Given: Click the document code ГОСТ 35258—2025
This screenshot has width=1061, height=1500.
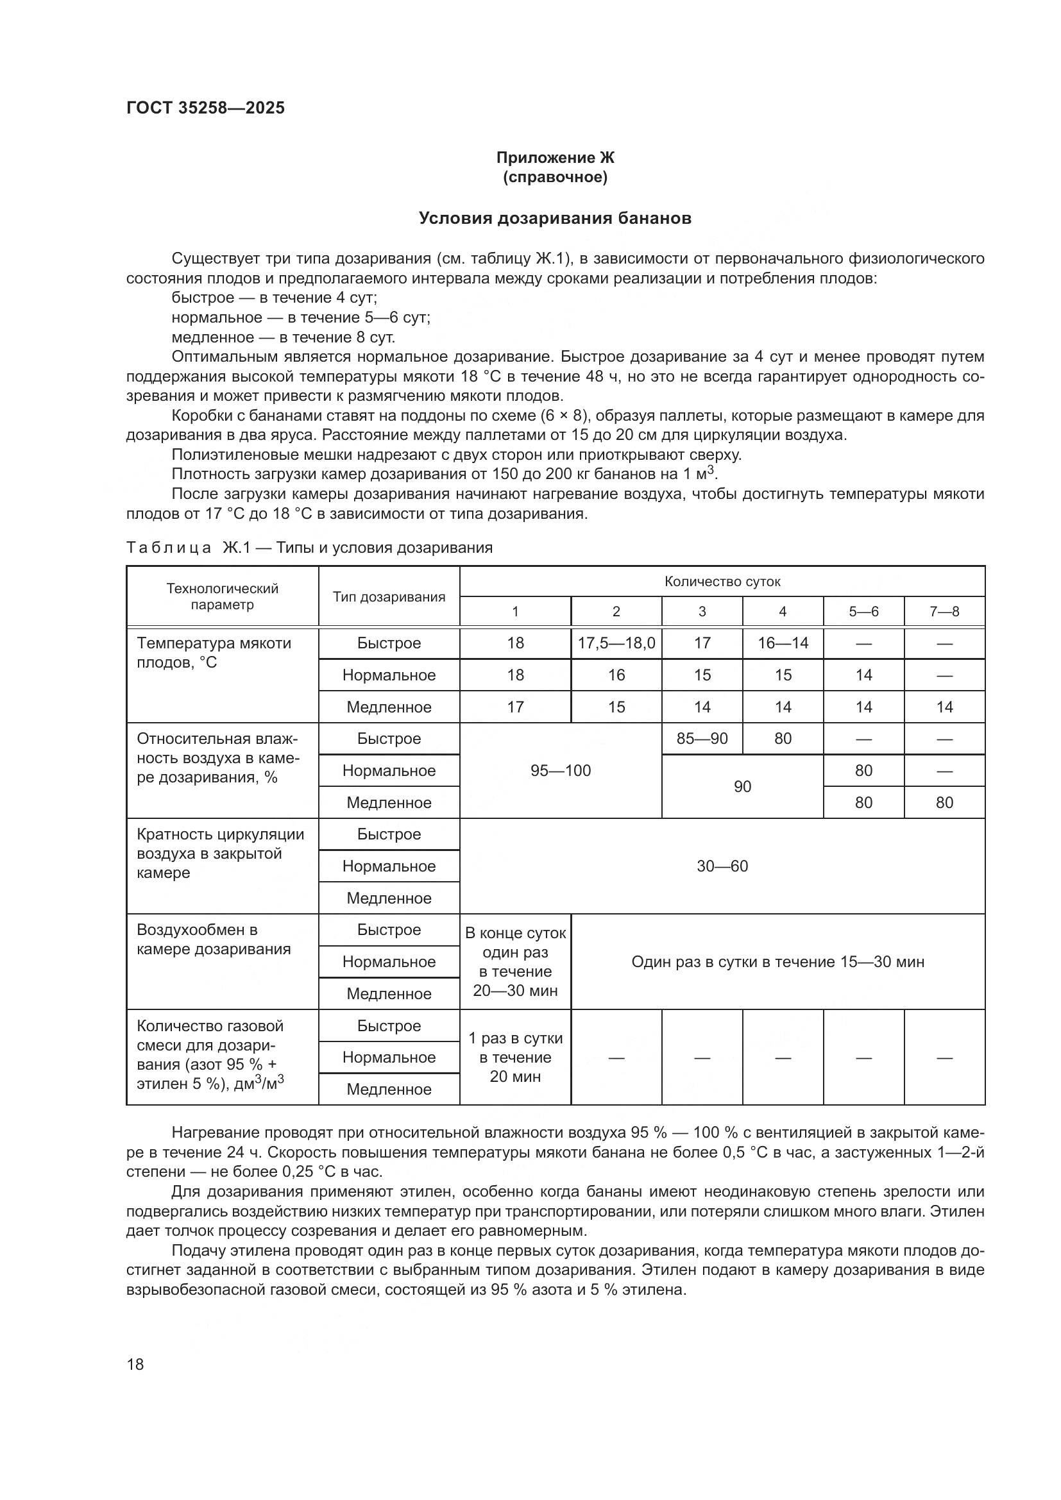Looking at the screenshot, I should click(x=205, y=108).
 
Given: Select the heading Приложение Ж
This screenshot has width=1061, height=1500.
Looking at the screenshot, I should click(x=555, y=158).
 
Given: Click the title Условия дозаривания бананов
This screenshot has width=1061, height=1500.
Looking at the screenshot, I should click(x=555, y=218).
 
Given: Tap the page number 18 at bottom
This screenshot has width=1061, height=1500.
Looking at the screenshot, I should click(x=135, y=1364).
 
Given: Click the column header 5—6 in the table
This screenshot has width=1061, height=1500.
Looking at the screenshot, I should click(x=863, y=612).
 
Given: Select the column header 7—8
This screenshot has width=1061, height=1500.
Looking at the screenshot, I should click(x=944, y=612).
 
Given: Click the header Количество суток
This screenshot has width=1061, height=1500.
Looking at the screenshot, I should click(x=722, y=582).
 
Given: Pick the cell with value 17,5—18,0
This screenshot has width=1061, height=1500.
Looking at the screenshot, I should click(x=616, y=643).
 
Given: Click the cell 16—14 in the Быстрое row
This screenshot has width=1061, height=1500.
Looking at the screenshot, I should click(x=783, y=643).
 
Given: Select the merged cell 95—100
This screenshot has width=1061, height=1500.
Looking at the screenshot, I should click(x=561, y=770).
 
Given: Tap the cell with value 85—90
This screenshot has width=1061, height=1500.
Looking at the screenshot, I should click(x=702, y=738).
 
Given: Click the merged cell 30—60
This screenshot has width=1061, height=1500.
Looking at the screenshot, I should click(x=722, y=866).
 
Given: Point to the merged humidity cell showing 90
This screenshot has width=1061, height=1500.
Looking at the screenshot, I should click(x=742, y=787).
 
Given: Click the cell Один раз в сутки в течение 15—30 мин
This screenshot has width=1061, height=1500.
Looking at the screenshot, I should click(x=777, y=962).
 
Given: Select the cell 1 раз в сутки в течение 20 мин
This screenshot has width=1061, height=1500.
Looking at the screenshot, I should click(x=516, y=1057).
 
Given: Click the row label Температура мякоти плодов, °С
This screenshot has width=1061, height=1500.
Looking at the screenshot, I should click(x=214, y=653).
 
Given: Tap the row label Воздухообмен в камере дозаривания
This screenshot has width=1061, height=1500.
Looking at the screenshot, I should click(x=214, y=939).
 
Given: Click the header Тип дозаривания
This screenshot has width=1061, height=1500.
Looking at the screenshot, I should click(x=389, y=596).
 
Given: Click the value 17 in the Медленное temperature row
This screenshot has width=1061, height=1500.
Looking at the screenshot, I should click(x=516, y=707).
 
